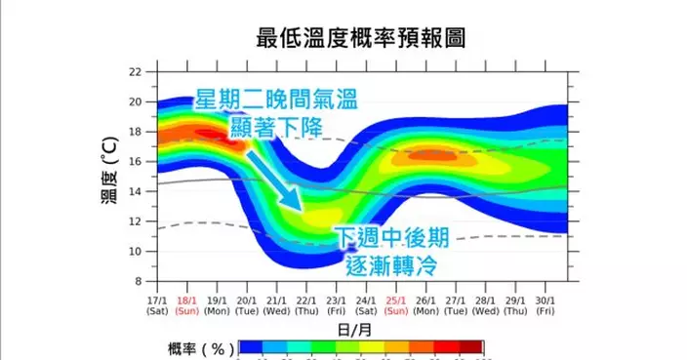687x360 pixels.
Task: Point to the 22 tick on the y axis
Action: [x=136, y=72]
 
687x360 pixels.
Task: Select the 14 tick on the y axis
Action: [x=136, y=191]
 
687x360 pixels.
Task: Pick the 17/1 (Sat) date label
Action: [x=157, y=306]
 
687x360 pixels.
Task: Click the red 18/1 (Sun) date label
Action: [x=186, y=306]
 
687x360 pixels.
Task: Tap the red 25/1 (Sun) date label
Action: [x=395, y=306]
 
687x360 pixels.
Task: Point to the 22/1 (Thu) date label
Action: [x=305, y=306]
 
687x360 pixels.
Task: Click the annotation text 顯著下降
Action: [x=274, y=127]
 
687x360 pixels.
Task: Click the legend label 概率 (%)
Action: [x=195, y=348]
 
